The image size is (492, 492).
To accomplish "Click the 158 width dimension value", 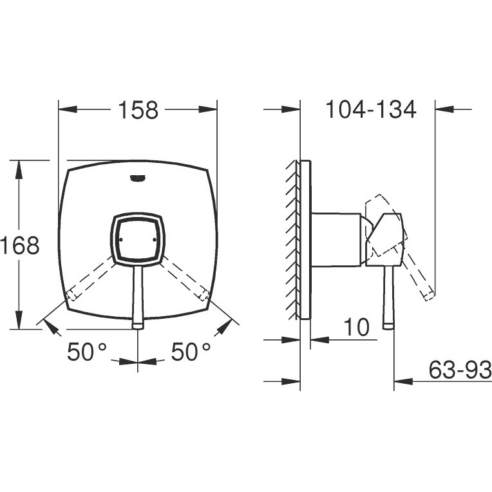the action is (138, 110).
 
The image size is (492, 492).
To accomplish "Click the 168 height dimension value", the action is (19, 245).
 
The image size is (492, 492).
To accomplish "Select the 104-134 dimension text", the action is (371, 109).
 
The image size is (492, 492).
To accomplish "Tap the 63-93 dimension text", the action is (460, 369).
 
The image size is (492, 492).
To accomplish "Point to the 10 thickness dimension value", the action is (357, 326).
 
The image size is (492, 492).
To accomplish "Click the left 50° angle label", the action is (87, 352).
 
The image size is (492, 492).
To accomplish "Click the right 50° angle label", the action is (191, 352).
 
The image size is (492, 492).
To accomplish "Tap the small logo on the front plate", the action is (138, 178).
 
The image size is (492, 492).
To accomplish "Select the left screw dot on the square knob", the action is (121, 240).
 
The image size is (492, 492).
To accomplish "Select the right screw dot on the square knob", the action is (154, 240).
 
